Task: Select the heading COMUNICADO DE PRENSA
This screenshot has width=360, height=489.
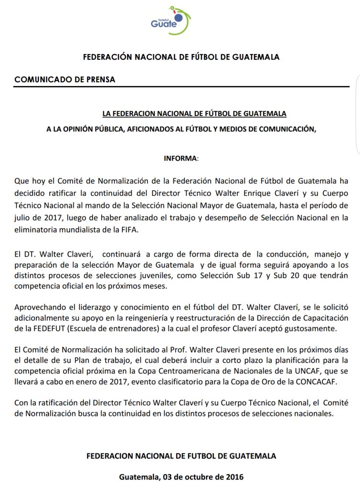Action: tap(65, 80)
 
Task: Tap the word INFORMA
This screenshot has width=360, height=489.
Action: tap(180, 158)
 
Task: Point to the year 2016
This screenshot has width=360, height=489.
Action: tap(234, 477)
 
